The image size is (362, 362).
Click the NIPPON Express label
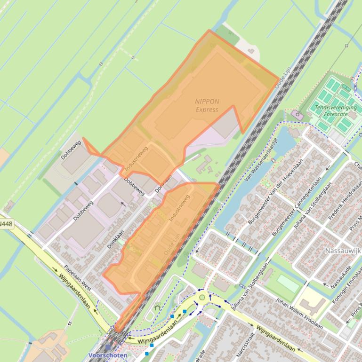207,105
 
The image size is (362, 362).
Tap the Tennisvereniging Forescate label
335,110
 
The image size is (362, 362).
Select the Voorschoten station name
108,355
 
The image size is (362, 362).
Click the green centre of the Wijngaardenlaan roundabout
202,297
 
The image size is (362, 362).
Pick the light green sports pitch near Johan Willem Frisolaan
288,283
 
